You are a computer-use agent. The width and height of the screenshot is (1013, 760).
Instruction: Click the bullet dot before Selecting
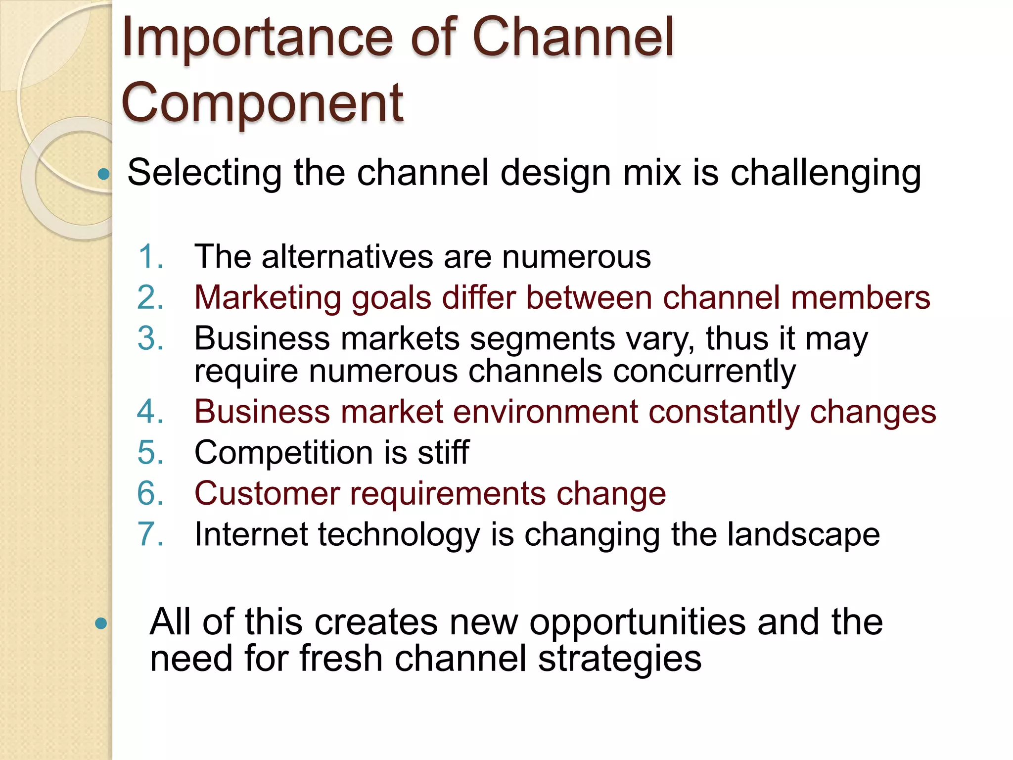103,174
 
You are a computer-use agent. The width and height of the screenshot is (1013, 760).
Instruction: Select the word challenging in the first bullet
826,173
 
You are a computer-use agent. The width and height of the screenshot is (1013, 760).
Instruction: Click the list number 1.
150,257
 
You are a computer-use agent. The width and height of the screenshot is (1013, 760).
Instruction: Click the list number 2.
150,298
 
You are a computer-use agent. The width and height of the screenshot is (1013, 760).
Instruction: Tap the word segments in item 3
542,339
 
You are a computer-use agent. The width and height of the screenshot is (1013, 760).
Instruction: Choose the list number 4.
150,412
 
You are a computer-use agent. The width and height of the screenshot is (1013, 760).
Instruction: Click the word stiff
443,452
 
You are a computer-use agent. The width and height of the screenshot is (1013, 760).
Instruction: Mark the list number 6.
150,493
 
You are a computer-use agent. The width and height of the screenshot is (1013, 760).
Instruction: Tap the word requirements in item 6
448,494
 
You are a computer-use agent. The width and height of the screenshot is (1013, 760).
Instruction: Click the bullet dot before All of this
101,623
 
